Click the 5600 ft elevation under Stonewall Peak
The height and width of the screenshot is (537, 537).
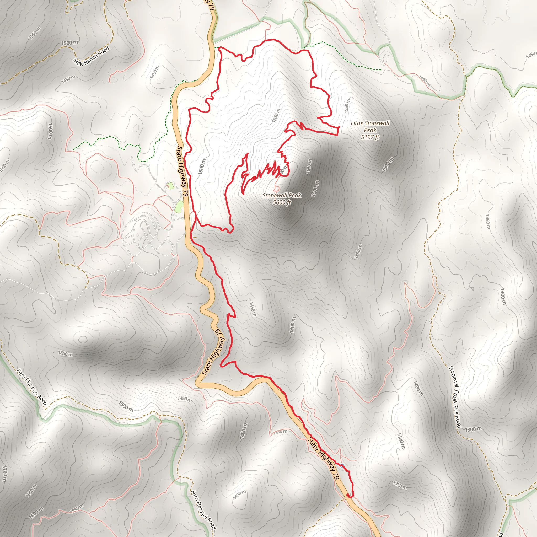[282, 202]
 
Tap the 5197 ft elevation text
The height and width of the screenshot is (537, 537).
[370, 137]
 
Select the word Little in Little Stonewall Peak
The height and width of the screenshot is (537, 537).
[356, 123]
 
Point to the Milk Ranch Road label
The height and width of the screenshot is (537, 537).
[92, 56]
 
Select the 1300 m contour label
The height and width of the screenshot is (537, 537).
[473, 429]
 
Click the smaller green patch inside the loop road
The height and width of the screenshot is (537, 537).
[170, 186]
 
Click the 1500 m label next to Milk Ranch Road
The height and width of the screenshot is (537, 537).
[69, 43]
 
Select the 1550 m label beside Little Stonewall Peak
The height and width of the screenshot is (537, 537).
[347, 105]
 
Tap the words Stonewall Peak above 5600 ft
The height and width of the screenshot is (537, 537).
[282, 195]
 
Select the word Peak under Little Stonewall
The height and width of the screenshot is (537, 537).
[370, 130]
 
